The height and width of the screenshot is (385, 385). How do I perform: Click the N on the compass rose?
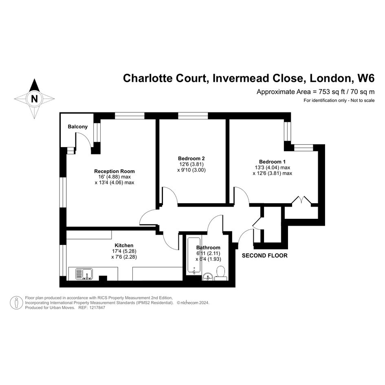coord(34,99)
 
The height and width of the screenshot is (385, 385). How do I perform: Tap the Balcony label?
coord(77,127)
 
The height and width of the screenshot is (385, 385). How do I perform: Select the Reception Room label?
coord(114,171)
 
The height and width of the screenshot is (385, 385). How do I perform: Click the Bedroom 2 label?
coord(191,158)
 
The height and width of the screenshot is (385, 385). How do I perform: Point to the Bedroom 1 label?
coord(272,162)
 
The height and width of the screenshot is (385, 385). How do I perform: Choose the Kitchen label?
coord(124,245)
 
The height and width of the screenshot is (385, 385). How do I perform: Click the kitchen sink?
coord(84,274)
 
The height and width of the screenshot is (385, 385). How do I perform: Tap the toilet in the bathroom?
coord(221,273)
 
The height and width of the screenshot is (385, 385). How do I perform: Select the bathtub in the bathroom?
coord(194,255)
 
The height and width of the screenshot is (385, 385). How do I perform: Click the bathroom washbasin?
coord(208,277)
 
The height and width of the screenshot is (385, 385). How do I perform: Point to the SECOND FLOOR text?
coord(265,255)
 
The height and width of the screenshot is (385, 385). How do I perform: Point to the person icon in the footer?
coord(16,303)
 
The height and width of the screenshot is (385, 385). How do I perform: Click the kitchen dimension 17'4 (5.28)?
coord(124,251)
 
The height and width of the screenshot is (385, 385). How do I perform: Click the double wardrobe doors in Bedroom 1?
coord(301,200)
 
